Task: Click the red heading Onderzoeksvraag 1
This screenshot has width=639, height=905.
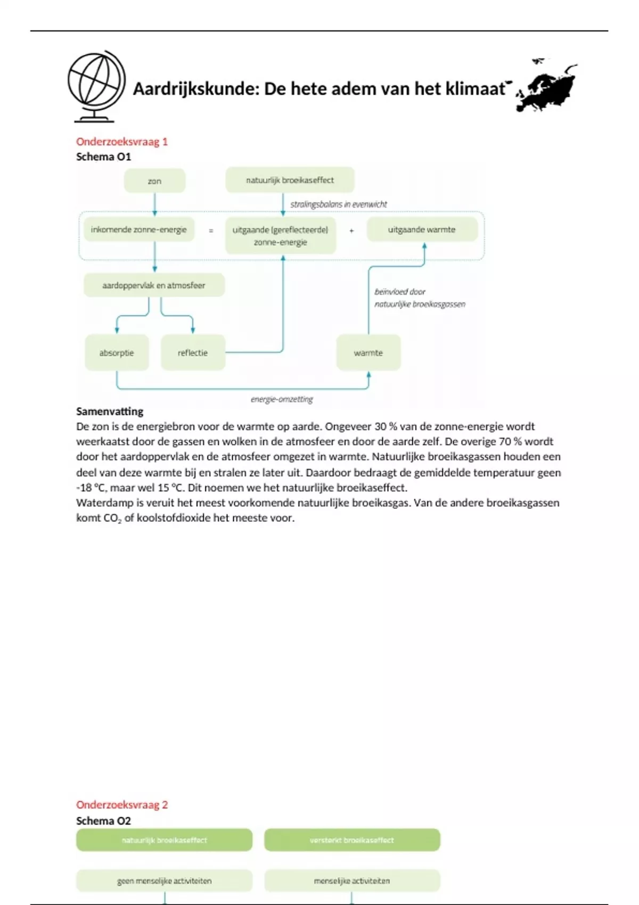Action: click(x=122, y=142)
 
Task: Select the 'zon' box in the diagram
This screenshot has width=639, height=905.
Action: click(x=154, y=181)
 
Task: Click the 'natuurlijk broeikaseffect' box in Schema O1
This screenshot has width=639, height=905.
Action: click(x=290, y=180)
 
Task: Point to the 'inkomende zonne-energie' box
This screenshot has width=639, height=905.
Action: click(x=138, y=230)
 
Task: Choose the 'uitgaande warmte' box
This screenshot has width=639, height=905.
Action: click(x=422, y=230)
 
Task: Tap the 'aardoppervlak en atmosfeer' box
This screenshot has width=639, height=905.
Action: click(x=154, y=285)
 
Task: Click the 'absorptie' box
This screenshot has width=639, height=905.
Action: click(x=117, y=352)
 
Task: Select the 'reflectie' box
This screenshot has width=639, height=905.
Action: click(x=193, y=352)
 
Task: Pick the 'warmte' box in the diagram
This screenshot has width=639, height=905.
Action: click(x=368, y=352)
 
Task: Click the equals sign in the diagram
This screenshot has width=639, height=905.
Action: click(x=211, y=231)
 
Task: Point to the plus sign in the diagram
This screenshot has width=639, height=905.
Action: click(x=351, y=231)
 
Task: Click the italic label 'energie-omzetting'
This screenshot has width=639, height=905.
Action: click(x=282, y=399)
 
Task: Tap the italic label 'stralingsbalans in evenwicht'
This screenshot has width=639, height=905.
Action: click(x=339, y=204)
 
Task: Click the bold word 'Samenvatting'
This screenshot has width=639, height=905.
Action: click(x=110, y=412)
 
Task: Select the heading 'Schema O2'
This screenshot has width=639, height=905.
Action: click(x=103, y=820)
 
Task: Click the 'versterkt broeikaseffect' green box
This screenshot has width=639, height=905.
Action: click(x=352, y=840)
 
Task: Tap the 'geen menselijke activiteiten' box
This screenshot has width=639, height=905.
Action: click(x=164, y=881)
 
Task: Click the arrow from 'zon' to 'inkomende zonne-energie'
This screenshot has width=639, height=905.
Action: click(x=155, y=204)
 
